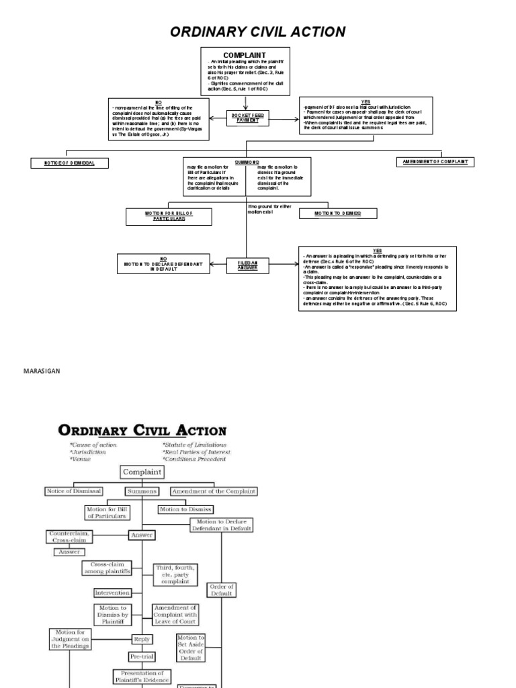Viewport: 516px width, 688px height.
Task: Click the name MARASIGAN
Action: point(42,370)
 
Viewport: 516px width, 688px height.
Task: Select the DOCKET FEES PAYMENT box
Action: point(248,118)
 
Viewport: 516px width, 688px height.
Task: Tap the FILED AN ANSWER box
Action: point(247,265)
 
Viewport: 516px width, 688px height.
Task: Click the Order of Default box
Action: point(221,590)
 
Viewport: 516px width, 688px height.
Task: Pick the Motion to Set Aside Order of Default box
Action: point(190,648)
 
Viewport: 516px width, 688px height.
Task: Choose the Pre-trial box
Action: point(142,656)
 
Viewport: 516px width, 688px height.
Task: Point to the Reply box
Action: point(142,639)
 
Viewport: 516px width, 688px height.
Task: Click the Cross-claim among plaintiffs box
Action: point(107,568)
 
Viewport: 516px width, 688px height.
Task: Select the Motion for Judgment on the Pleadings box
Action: point(71,638)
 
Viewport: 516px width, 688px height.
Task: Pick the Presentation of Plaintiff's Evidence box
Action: point(142,677)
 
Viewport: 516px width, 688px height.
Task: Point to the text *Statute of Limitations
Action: point(196,444)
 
